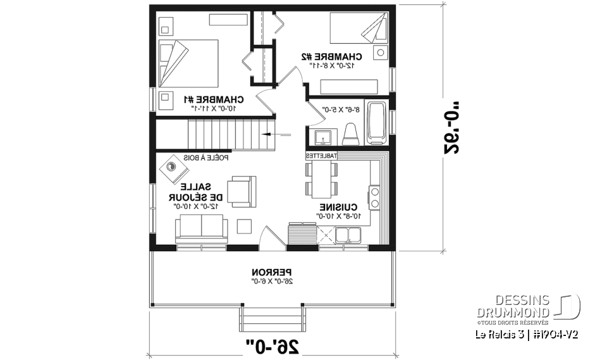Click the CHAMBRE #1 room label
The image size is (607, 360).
coord(214,99)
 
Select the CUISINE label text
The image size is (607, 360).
coord(339,207)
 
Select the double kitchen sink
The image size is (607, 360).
coord(348,235)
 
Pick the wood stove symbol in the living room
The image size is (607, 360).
coord(174,168)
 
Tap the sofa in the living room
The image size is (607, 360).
coord(201,228)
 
